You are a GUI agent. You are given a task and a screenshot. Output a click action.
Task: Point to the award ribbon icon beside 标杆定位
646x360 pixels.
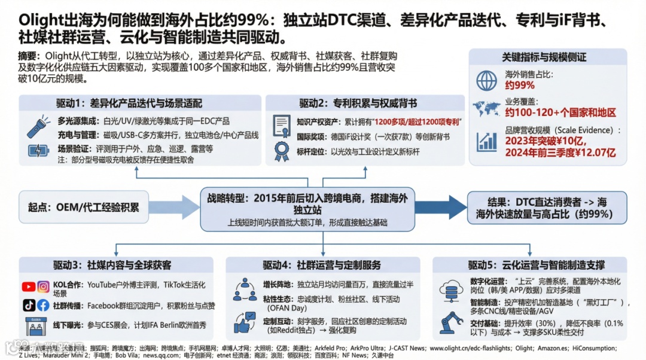pyautogui.click(x=281, y=151)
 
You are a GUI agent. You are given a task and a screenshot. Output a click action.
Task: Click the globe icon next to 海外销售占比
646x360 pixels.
pyautogui.click(x=486, y=81)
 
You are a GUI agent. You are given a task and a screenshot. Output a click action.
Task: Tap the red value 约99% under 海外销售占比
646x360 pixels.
pyautogui.click(x=520, y=86)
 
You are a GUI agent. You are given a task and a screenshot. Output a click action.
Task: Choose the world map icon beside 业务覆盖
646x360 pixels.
pyautogui.click(x=486, y=109)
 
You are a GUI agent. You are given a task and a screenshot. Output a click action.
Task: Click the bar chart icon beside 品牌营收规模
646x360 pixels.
pyautogui.click(x=486, y=141)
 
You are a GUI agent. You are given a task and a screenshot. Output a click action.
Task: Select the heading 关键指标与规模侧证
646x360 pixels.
pyautogui.click(x=544, y=57)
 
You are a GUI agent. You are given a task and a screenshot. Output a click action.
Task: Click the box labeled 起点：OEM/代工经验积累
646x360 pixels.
pyautogui.click(x=83, y=208)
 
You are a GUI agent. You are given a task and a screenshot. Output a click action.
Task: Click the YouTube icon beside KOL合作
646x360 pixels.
pyautogui.click(x=29, y=287)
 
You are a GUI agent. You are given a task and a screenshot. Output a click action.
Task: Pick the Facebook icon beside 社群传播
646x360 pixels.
pyautogui.click(x=43, y=305)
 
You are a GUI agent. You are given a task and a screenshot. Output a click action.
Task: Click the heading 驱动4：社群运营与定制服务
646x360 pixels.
pyautogui.click(x=322, y=266)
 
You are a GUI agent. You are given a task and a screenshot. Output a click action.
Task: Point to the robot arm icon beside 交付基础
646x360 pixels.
pyautogui.click(x=453, y=323)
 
